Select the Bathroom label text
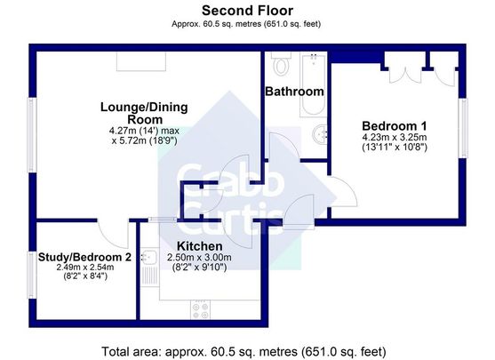point(294,92)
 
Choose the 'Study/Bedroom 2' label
point(84,257)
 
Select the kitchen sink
point(151,264)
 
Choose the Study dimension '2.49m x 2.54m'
point(84,268)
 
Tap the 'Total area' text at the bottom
point(246,348)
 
